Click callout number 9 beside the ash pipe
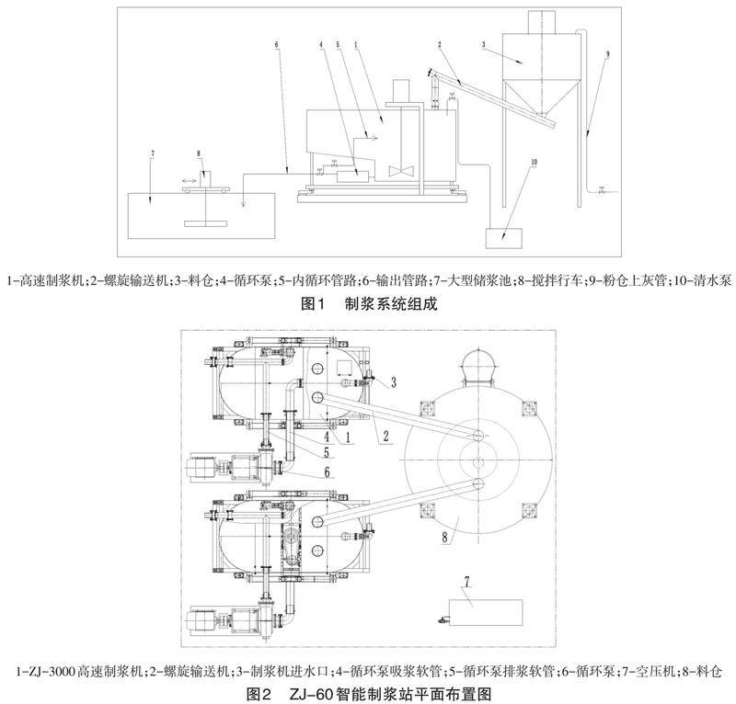point(606,55)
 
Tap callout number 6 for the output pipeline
point(277,44)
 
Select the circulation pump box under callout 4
point(351,173)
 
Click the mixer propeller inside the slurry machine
point(402,172)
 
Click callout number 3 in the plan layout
point(393,380)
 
